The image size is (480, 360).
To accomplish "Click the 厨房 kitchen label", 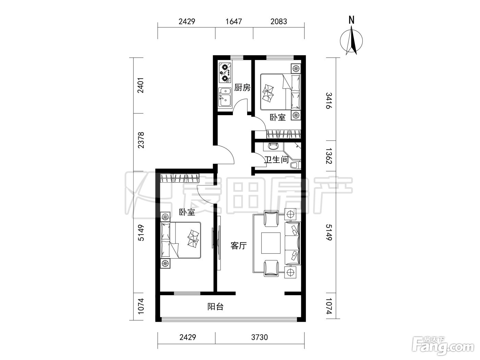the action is [242, 88].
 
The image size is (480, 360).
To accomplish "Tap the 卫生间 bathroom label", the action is [276, 159].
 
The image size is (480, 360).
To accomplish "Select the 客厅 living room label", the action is [239, 246].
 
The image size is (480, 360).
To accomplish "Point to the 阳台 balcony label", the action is [215, 307].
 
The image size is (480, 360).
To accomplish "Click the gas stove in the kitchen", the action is [225, 73].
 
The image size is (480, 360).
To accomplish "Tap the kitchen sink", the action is [225, 97].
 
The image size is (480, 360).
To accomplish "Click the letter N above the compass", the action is [351, 20].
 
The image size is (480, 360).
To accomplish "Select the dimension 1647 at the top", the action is [234, 21].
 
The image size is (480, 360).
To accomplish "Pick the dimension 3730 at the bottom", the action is [260, 337].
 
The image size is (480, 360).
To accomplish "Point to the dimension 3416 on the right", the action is [329, 100].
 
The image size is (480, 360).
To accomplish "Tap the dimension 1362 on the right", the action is [329, 156].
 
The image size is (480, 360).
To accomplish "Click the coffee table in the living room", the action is [271, 243].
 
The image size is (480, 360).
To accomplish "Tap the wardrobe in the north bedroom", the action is [284, 134].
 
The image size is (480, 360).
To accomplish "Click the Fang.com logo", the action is [443, 348].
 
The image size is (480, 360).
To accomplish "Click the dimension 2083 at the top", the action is [279, 21].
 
